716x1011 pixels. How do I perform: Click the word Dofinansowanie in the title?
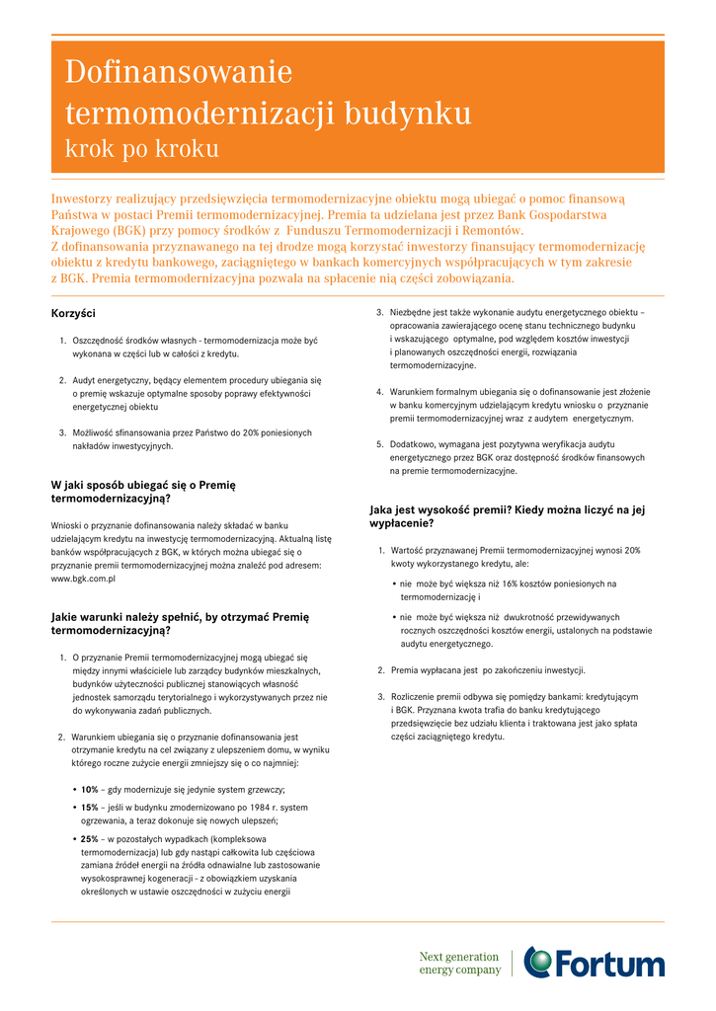(x=179, y=72)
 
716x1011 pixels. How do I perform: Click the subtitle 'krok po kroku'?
(x=141, y=149)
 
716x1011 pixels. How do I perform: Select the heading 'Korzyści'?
(x=73, y=313)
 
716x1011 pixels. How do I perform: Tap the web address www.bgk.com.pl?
(x=83, y=579)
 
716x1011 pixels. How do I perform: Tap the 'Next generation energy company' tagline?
(x=459, y=963)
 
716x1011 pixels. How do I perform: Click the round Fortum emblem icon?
(x=539, y=962)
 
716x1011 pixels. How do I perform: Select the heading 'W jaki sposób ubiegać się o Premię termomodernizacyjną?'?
(x=143, y=492)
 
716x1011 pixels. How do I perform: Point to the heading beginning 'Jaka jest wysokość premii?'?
(x=507, y=516)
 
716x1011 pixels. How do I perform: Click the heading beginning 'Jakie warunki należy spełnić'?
(x=180, y=623)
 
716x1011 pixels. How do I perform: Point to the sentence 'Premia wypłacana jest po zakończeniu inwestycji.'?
(x=488, y=669)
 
